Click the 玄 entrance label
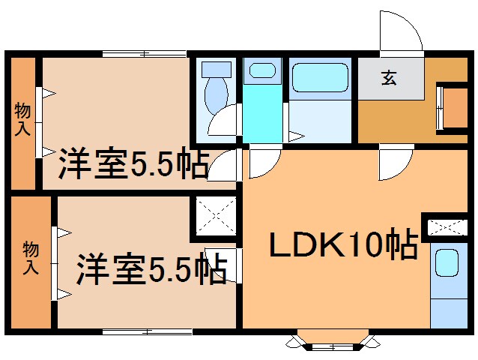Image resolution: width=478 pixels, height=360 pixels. click(x=390, y=77)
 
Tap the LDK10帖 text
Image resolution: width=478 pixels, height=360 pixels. click(x=343, y=244)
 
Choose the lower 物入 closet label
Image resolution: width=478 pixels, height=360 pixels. click(x=31, y=256)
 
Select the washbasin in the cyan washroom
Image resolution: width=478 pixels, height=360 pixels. click(x=261, y=71)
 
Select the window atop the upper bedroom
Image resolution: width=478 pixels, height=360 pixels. click(x=143, y=53)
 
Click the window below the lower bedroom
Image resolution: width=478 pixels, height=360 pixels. click(x=146, y=331)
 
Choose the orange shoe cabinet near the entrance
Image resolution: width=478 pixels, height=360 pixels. click(x=454, y=108)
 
